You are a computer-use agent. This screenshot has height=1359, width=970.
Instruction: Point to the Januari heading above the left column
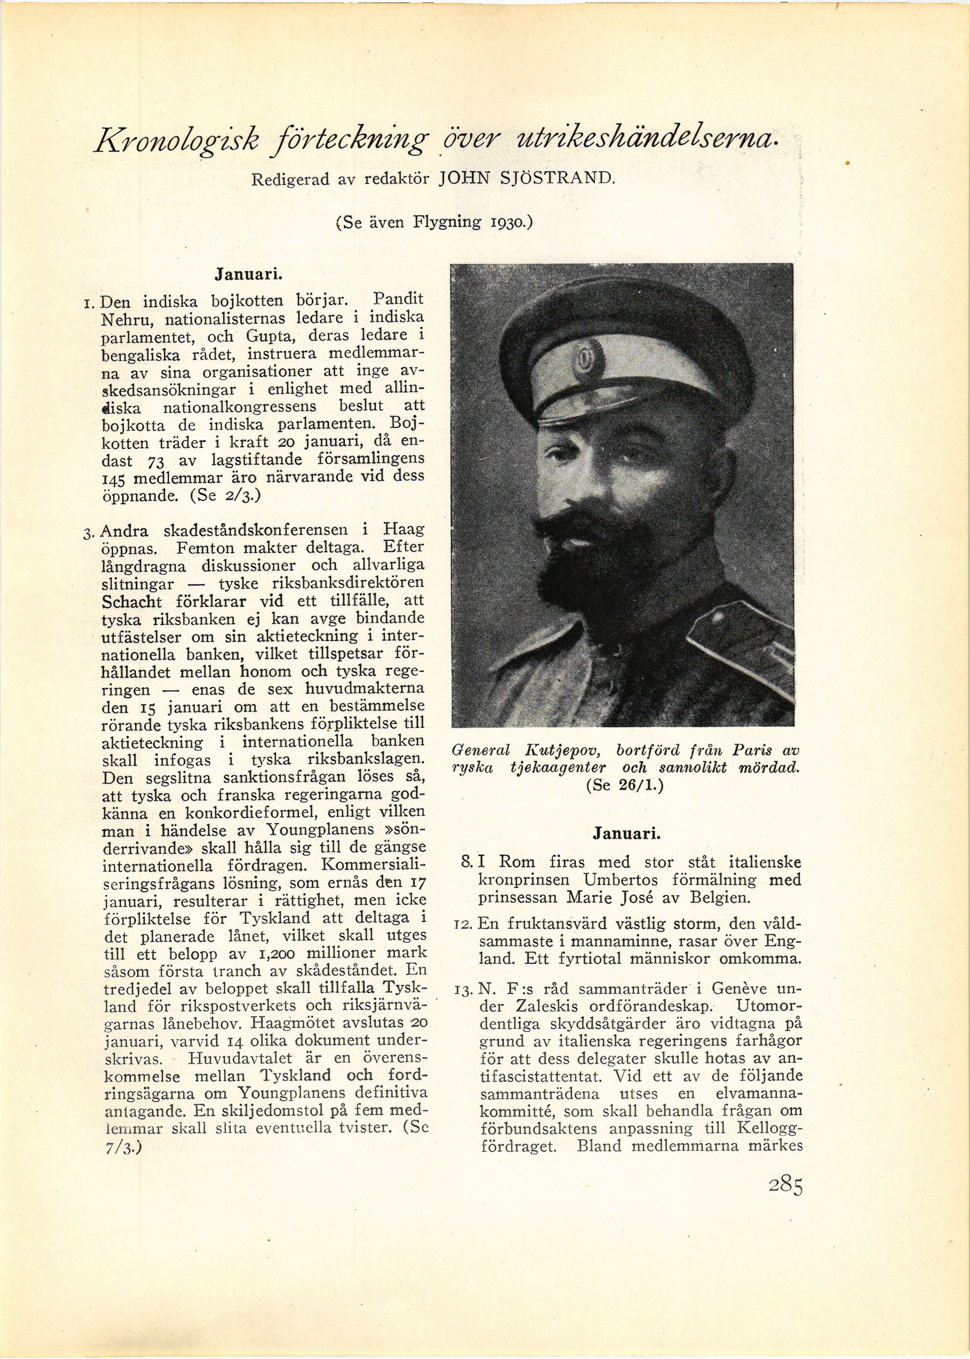(248, 275)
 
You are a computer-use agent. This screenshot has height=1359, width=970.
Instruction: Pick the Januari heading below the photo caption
(626, 834)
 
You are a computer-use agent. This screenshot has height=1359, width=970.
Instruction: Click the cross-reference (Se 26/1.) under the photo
(625, 786)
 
